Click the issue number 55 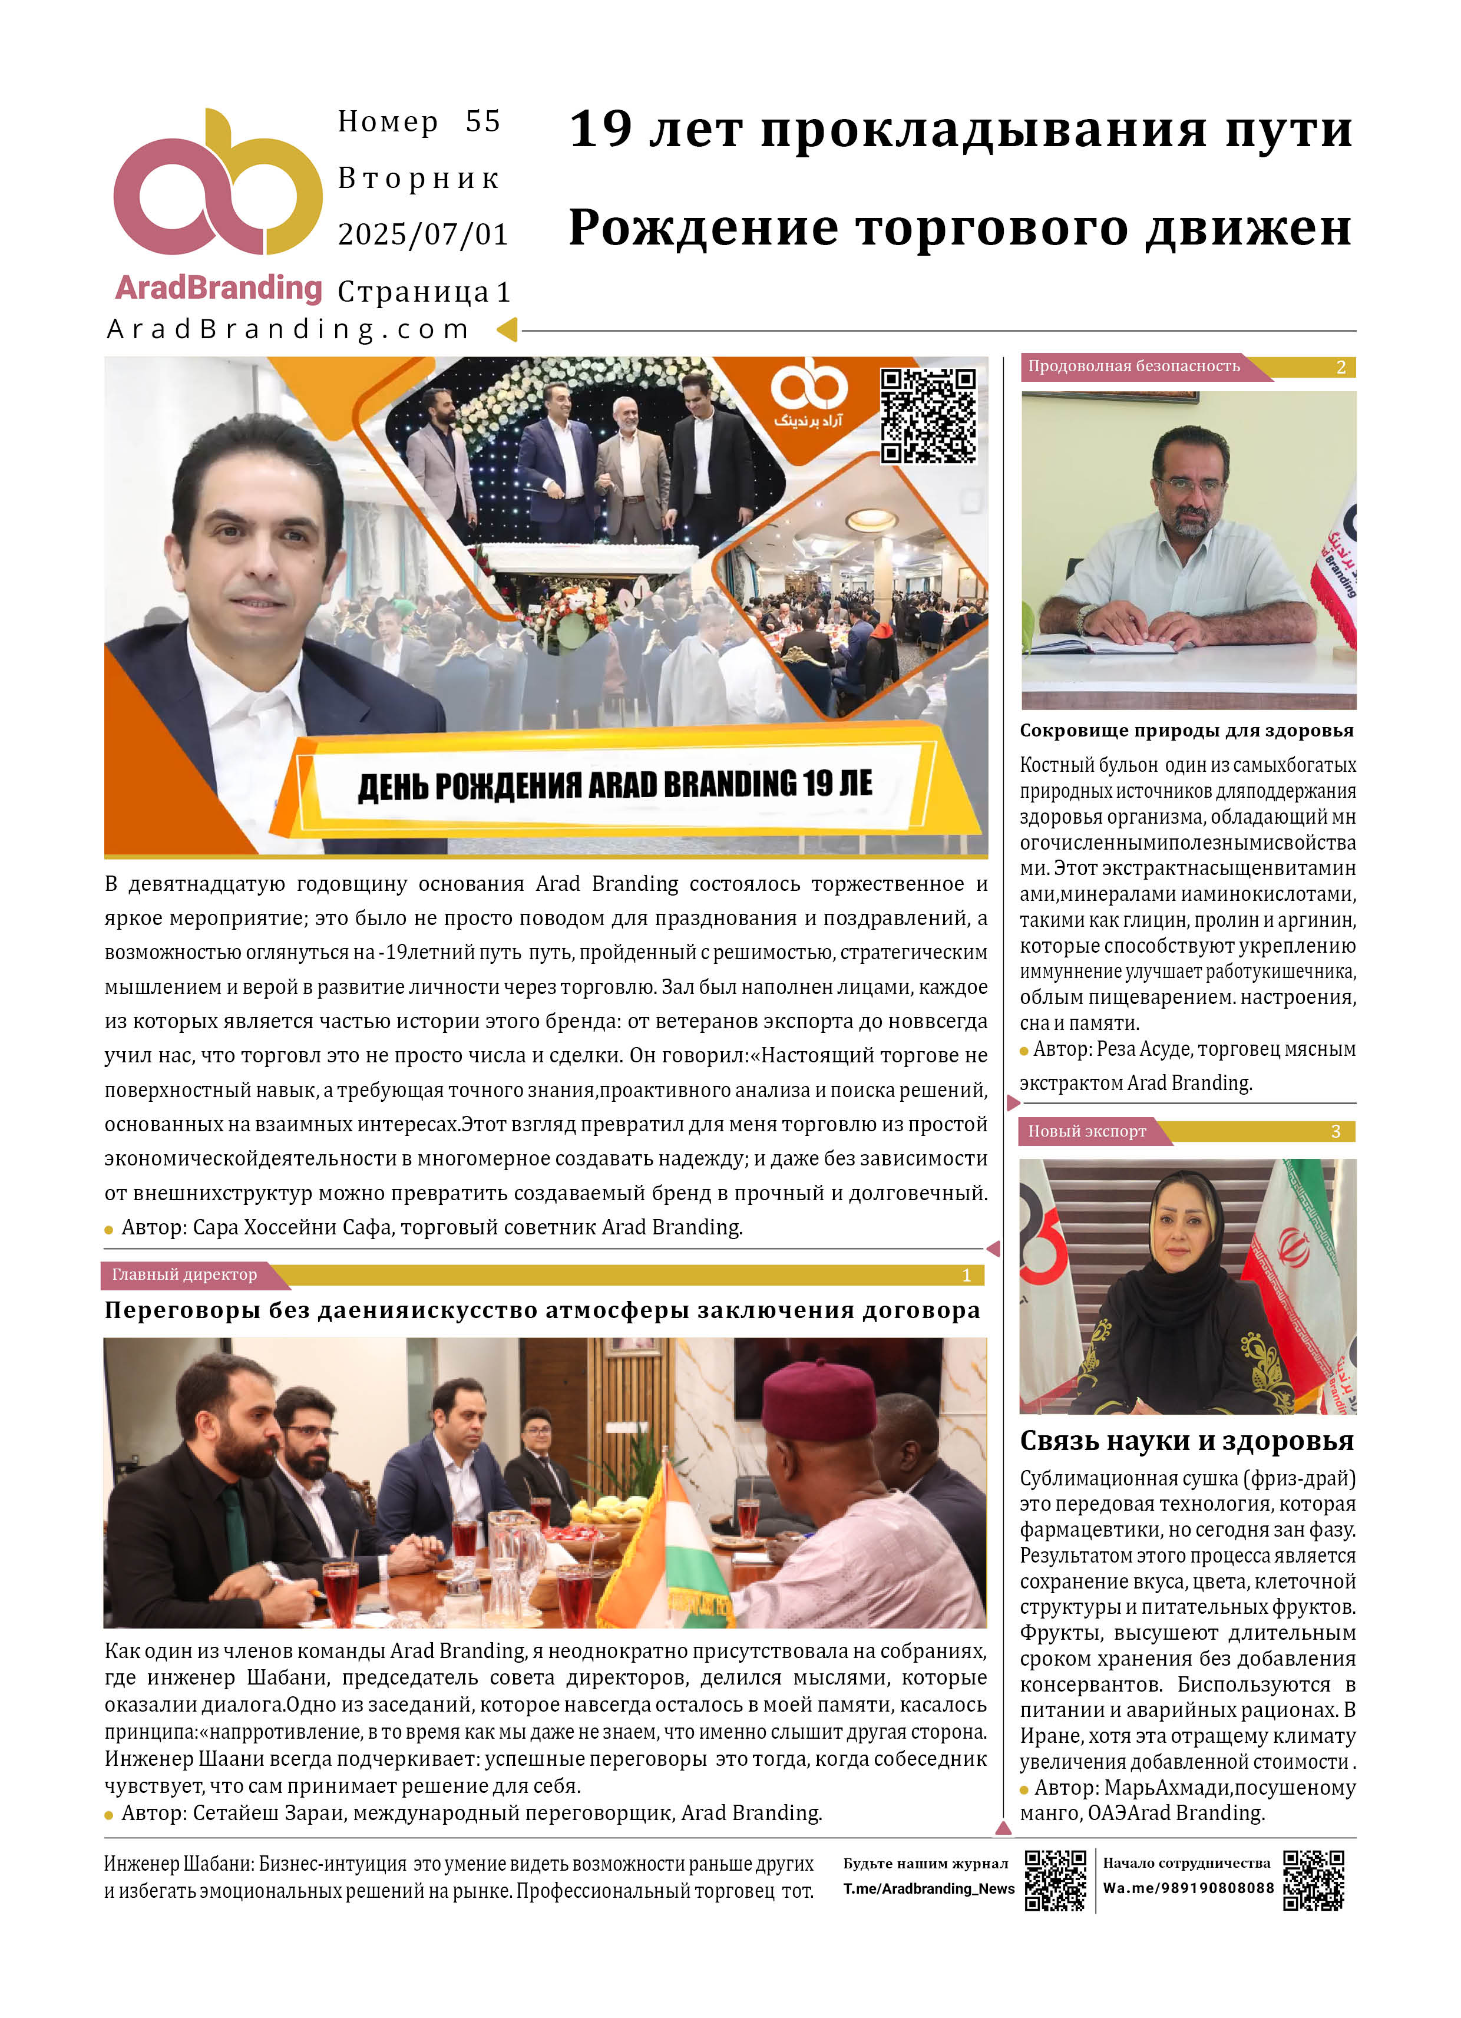pos(482,122)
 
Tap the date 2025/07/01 pos(422,235)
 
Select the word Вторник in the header pos(418,179)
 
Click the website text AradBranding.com pos(287,330)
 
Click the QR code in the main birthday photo pos(928,415)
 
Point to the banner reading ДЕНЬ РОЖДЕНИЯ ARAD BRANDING pos(614,784)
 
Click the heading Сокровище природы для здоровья pos(1186,731)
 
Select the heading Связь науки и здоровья pos(1186,1441)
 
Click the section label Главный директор pos(184,1275)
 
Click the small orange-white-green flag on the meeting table pos(667,1548)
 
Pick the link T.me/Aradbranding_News pos(928,1889)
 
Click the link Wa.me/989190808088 pos(1188,1889)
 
